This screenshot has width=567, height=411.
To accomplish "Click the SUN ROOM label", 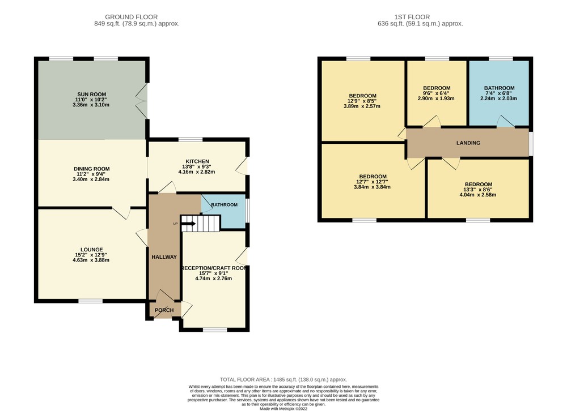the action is point(91,95).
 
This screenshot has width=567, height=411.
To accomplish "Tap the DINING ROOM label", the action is point(91,169).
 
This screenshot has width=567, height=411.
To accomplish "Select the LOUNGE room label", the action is point(91,250).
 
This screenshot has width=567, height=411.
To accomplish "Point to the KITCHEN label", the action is point(197,161).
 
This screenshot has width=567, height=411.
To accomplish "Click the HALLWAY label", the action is point(164,257).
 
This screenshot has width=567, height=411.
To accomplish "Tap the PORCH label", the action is point(164,310).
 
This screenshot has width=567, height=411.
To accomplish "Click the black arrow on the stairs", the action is point(189,224).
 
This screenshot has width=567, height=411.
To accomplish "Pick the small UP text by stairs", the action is point(175,224).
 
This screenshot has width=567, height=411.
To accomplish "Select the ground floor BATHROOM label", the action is point(224,205).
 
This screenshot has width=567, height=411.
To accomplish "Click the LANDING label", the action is point(468,143).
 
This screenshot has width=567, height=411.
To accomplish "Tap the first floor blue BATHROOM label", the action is point(500,88).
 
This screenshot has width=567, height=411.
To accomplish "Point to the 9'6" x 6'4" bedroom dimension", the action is point(437,93).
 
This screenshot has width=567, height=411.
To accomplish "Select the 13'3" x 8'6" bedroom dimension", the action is point(479,190).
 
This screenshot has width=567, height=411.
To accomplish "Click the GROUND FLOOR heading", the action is point(132,17).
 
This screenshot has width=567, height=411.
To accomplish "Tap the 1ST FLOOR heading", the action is point(412,17).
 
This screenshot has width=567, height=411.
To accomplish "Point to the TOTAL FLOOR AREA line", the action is point(283,379).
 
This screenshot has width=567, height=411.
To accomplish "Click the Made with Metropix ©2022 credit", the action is point(283,409).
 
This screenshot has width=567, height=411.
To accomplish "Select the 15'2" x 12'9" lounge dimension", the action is point(91,255).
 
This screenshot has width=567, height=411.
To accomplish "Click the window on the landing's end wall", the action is point(531,143).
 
